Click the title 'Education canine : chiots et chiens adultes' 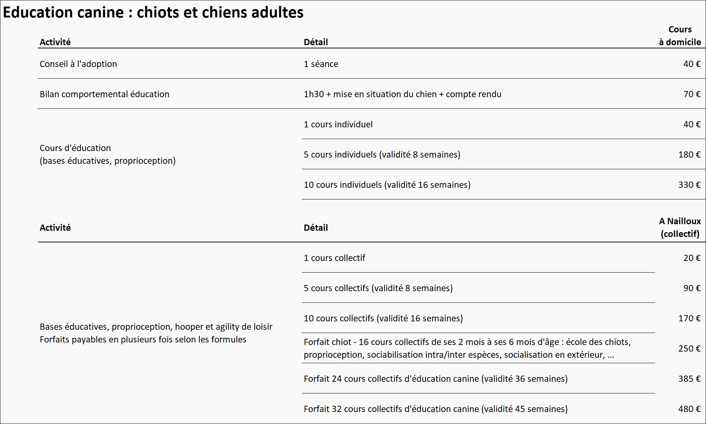coord(153,12)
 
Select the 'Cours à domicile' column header coord(679,36)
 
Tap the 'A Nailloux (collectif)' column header coord(679,227)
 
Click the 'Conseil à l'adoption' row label coord(78,64)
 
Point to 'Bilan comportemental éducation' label coord(104,94)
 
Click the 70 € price coord(691,94)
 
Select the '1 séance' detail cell coord(321,64)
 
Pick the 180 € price coord(689,155)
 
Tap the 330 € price coord(689,185)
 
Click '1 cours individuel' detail coord(338,124)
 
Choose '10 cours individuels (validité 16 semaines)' coord(387,185)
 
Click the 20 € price coord(691,258)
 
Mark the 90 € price coord(691,288)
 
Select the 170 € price coord(689,318)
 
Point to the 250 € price coord(689,349)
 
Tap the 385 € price coord(689,379)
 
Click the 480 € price coord(689,409)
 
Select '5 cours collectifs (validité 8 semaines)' coord(378,288)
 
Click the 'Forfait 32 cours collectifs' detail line coord(435,409)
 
